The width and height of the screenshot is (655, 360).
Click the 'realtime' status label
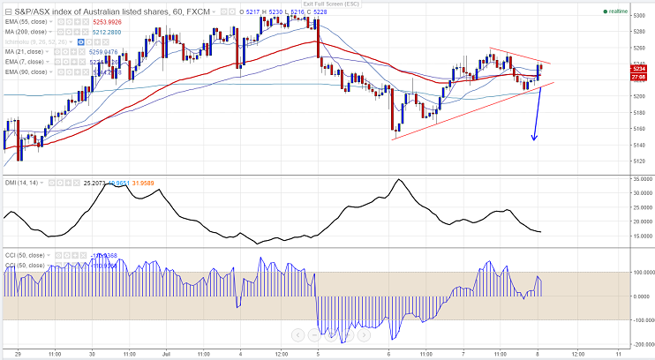[618, 12]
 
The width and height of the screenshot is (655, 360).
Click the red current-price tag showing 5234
[639, 68]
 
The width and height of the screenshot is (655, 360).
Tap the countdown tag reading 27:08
[639, 78]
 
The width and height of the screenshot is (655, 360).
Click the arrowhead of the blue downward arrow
[533, 139]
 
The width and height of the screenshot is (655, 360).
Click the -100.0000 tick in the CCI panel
[639, 319]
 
